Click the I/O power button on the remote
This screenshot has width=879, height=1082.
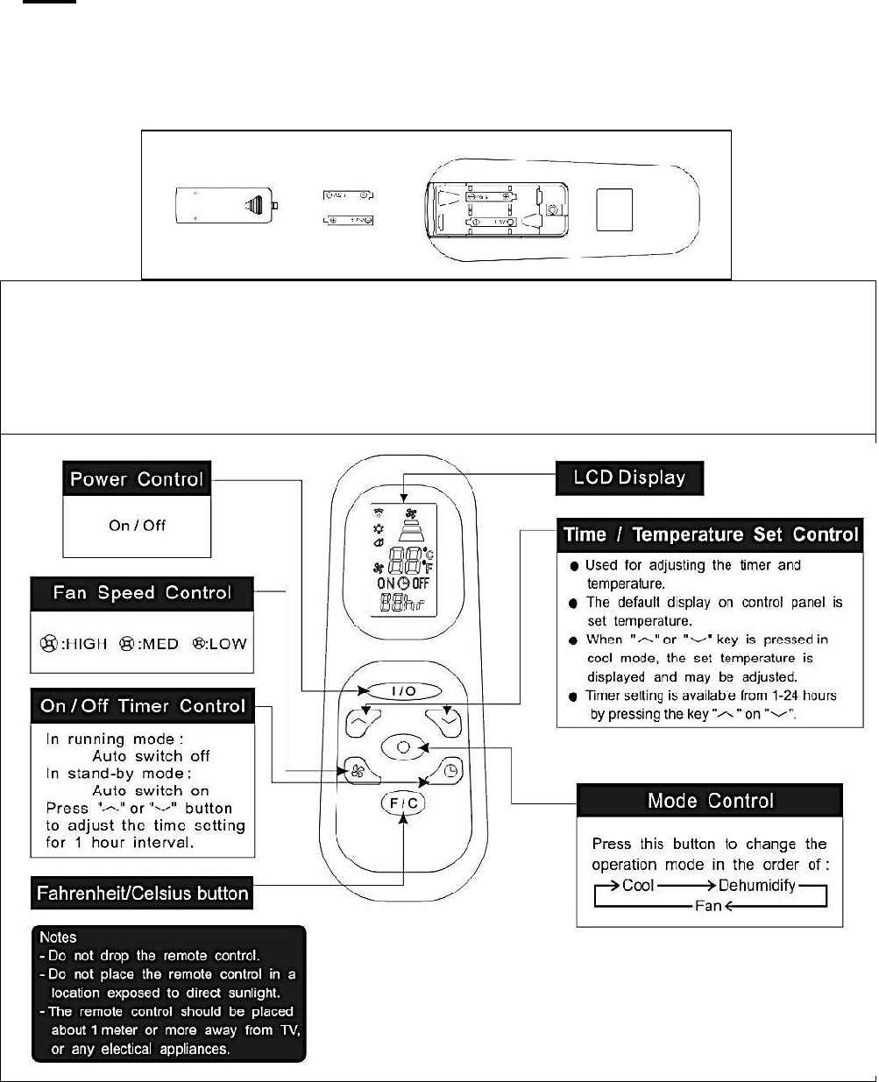point(403,691)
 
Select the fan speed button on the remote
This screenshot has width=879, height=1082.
point(357,771)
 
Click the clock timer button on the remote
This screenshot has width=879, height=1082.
point(449,771)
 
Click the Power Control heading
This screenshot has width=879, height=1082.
point(137,479)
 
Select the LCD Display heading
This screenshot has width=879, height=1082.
point(629,478)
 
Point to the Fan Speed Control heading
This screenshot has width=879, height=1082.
point(142,592)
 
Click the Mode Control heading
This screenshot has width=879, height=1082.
point(710,800)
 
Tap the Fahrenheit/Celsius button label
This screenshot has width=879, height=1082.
point(143,894)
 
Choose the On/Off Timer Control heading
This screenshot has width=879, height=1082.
point(142,706)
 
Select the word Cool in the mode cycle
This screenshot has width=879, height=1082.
point(638,885)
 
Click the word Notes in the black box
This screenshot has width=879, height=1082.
point(59,937)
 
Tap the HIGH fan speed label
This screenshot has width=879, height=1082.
point(86,644)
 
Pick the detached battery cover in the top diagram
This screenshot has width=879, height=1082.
point(225,208)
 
